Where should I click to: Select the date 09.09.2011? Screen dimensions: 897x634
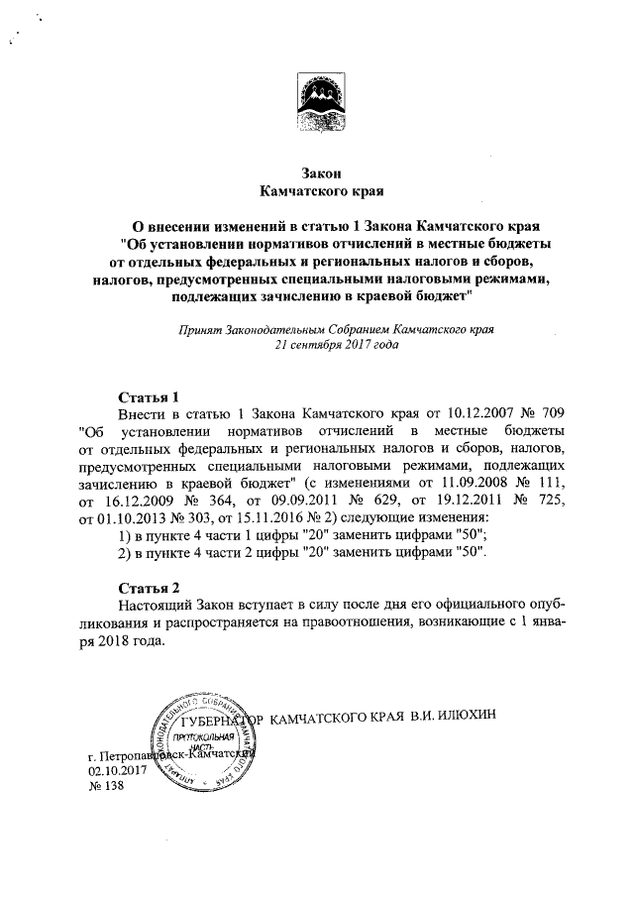coord(334,503)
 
